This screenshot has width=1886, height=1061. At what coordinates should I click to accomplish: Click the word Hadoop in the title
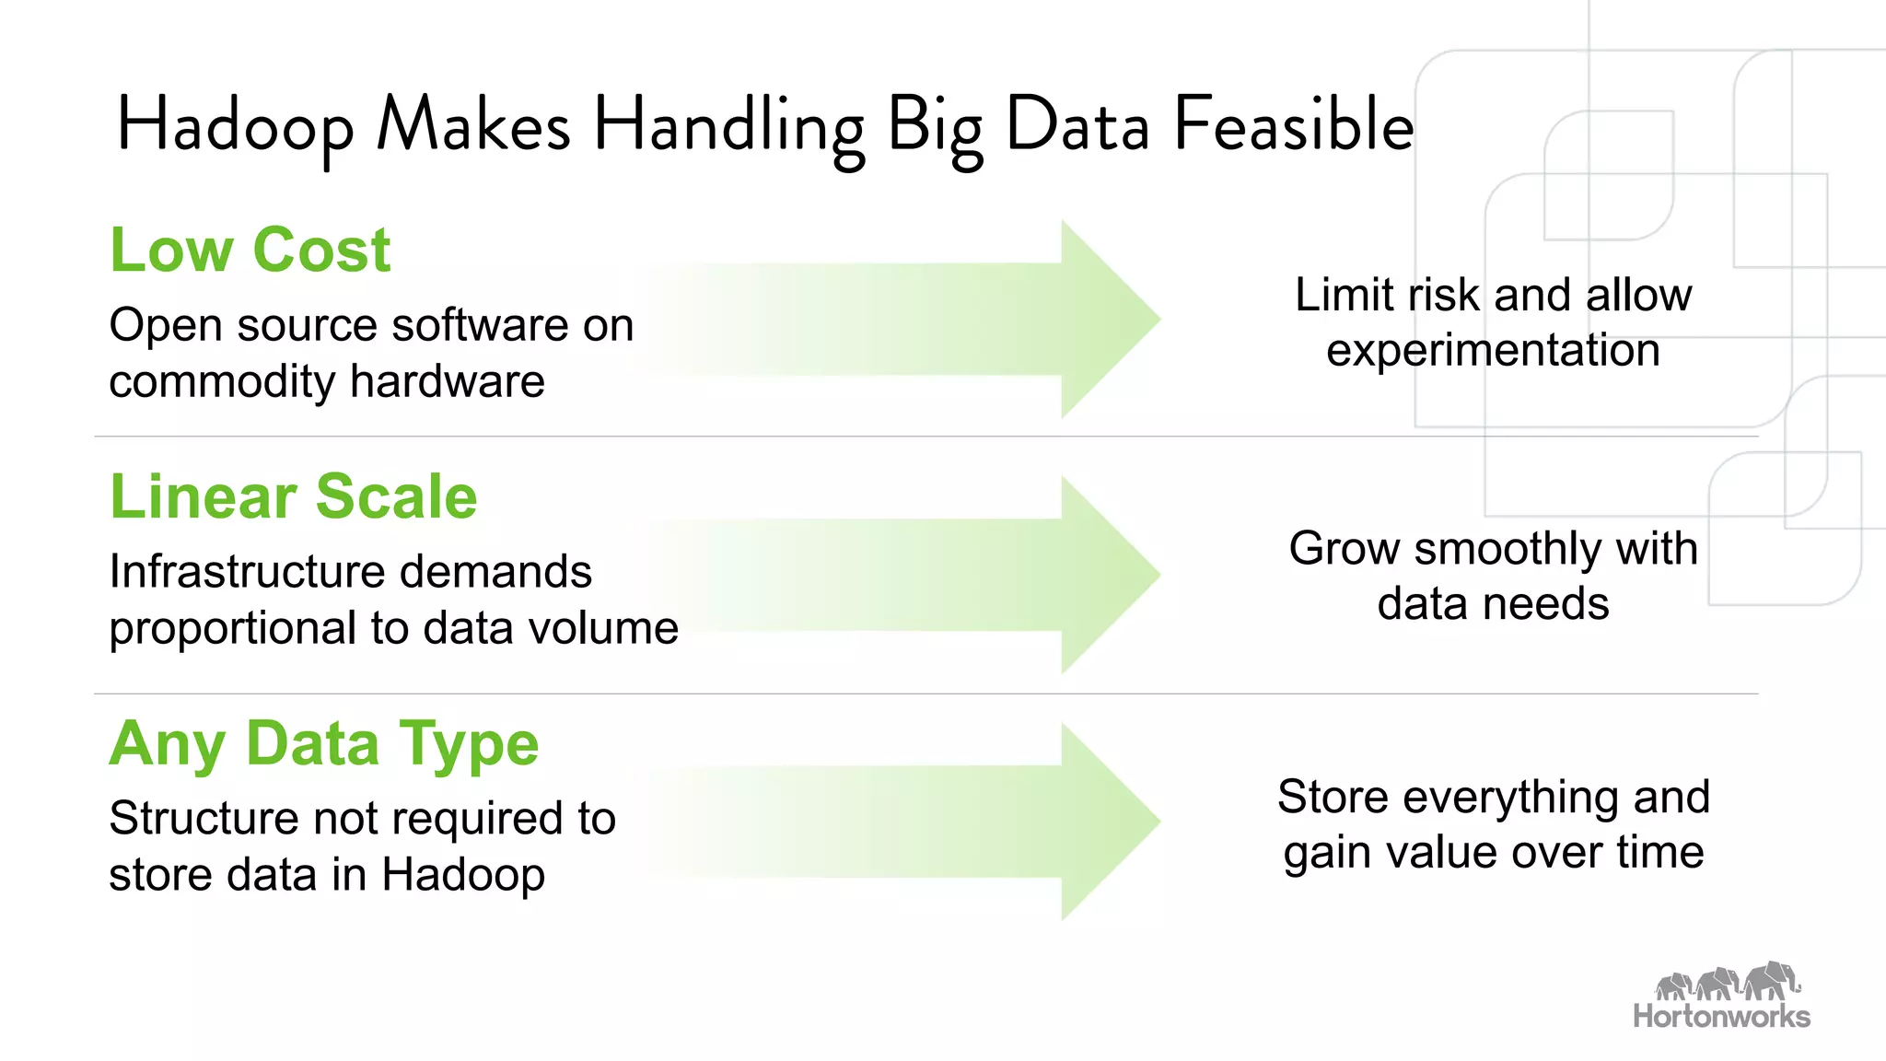coord(235,126)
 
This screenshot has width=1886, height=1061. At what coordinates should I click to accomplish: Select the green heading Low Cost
coord(250,250)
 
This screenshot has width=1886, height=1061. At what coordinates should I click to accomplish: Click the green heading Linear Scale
coord(294,496)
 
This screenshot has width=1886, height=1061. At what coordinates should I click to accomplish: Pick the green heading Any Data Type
coord(324,743)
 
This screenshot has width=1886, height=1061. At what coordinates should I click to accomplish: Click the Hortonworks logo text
coord(1721,1016)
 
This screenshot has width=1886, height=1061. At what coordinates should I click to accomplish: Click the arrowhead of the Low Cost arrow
coord(1110,319)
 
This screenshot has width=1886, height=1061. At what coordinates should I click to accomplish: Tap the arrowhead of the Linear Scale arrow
coord(1110,574)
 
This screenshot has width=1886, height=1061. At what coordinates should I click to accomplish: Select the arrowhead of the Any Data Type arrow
coord(1110,821)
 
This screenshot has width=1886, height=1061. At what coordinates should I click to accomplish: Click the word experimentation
coord(1493,351)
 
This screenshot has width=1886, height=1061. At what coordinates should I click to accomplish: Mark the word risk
coord(1443,295)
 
